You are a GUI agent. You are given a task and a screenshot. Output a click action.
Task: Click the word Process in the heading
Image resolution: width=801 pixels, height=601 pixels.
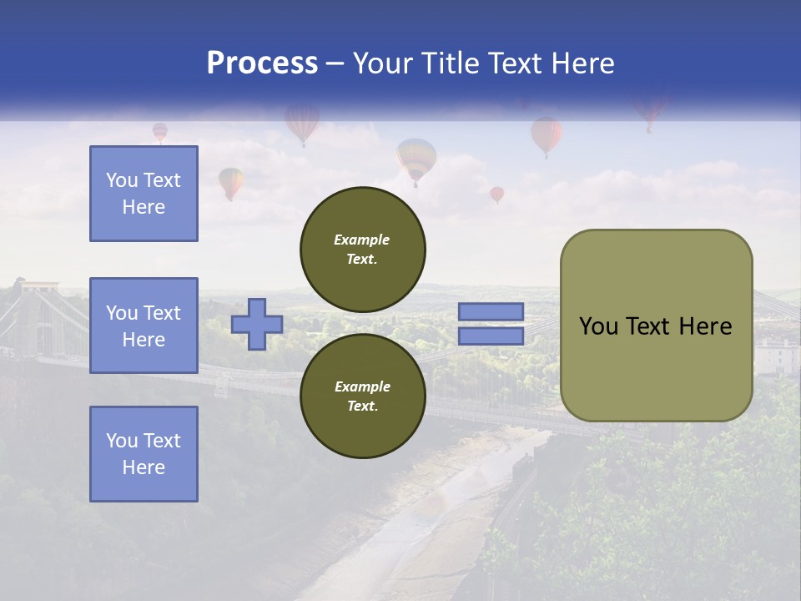click(262, 63)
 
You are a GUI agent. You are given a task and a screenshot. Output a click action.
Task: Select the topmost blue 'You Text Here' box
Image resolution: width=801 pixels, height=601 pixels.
click(144, 194)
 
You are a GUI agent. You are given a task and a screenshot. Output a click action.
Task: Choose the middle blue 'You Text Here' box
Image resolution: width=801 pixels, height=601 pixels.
click(144, 326)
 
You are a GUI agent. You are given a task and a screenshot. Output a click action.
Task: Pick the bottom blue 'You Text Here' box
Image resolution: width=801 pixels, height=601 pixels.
click(144, 454)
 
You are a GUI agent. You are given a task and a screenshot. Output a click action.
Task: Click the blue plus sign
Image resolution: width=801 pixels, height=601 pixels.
click(257, 324)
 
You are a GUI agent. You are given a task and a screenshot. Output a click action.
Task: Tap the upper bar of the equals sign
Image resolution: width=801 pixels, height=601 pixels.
click(491, 312)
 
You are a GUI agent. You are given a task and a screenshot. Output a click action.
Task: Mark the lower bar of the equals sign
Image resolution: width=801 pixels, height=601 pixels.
click(491, 336)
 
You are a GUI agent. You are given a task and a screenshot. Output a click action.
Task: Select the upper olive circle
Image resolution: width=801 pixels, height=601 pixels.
click(362, 250)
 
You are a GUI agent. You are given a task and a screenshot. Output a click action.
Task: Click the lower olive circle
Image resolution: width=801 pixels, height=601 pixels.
click(362, 396)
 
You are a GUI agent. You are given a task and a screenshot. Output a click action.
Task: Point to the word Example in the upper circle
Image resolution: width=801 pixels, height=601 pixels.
click(361, 240)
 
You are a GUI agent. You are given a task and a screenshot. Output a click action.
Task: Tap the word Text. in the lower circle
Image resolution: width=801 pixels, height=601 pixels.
click(361, 407)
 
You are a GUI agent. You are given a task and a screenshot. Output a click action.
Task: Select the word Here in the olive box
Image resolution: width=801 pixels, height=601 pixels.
click(706, 326)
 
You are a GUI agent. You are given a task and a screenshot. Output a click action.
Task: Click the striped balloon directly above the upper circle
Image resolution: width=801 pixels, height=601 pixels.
click(416, 159)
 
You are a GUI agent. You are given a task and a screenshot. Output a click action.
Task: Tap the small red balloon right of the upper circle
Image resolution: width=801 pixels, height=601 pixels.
click(496, 194)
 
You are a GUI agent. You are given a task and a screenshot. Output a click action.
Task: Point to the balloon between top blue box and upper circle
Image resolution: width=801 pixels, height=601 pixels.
click(231, 181)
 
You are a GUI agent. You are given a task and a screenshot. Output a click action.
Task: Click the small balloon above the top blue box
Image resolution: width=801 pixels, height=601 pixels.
click(159, 131)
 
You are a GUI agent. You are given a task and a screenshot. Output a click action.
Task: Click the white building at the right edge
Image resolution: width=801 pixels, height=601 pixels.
click(776, 355)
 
